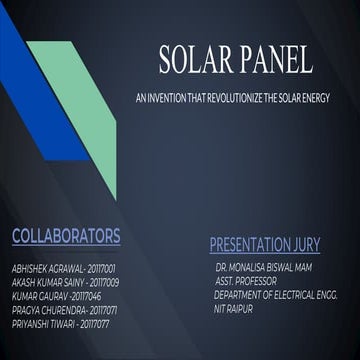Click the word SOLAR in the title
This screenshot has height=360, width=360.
[x=196, y=62]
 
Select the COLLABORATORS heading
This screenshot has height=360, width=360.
[x=66, y=236]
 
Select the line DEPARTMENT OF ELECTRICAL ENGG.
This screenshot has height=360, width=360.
[x=276, y=295]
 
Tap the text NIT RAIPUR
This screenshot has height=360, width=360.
[x=234, y=308]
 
